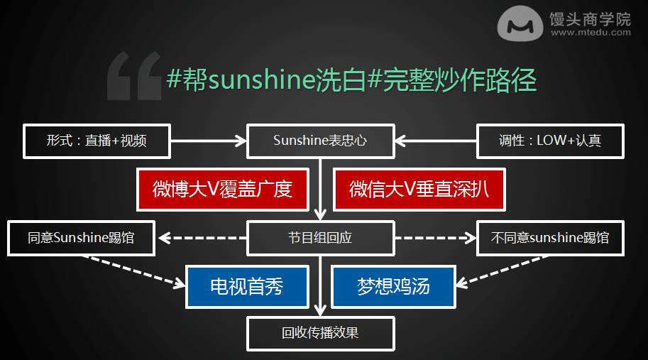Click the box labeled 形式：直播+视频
(x=97, y=141)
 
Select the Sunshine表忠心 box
(x=320, y=141)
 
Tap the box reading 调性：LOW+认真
(x=550, y=141)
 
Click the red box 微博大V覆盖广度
(x=223, y=190)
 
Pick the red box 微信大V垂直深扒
(x=419, y=190)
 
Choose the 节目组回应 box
(x=320, y=238)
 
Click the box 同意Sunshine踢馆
(x=81, y=238)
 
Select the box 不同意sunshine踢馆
(x=550, y=238)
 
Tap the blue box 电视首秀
(x=247, y=286)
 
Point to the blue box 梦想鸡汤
(x=393, y=286)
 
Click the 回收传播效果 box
(x=320, y=334)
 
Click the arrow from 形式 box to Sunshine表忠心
(x=209, y=141)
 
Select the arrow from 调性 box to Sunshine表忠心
(x=436, y=141)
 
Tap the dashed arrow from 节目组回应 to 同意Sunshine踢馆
(x=202, y=238)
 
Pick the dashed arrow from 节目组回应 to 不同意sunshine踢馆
(x=436, y=238)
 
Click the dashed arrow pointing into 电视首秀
(x=134, y=271)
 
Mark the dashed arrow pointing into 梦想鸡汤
(x=502, y=271)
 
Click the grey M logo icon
(x=520, y=23)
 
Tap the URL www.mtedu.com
(x=591, y=32)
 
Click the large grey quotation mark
(x=134, y=76)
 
